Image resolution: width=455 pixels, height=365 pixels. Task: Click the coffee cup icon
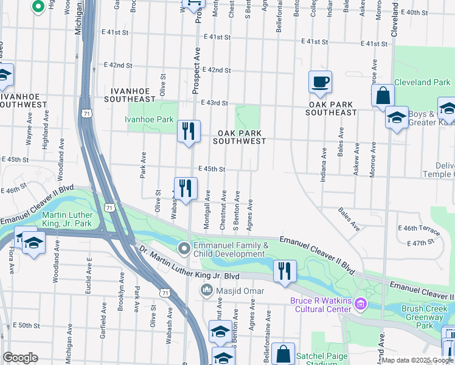point(320,82)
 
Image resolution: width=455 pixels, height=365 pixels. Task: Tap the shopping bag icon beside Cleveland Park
point(383,96)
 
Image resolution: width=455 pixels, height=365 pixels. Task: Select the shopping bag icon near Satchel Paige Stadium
point(283,353)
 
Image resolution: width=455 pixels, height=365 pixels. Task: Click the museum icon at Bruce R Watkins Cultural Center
point(361,303)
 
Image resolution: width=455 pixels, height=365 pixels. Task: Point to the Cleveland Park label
point(422,82)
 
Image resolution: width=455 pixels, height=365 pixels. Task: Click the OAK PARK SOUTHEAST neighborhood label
point(331,108)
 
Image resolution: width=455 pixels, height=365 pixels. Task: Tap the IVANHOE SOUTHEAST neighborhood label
point(130,94)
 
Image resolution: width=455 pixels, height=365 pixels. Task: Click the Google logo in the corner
point(19,358)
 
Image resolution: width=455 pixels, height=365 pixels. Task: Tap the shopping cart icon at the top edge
point(193,4)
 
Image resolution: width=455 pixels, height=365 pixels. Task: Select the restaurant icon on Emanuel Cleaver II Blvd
point(285,271)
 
